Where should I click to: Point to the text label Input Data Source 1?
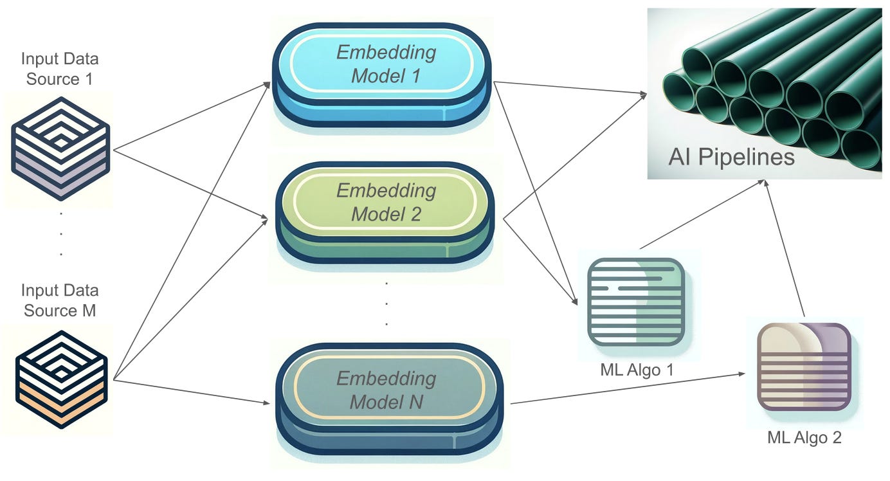60,69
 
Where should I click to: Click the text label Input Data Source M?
60,300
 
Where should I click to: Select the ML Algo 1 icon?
635,302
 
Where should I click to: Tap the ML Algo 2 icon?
804,367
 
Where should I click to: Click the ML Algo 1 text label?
635,370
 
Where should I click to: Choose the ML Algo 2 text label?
804,438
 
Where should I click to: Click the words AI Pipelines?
731,157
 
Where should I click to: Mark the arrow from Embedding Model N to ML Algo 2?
630,388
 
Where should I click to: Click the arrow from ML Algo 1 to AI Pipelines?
701,215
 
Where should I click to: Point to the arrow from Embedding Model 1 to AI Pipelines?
570,88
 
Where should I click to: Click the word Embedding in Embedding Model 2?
386,190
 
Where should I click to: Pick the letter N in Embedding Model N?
416,403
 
